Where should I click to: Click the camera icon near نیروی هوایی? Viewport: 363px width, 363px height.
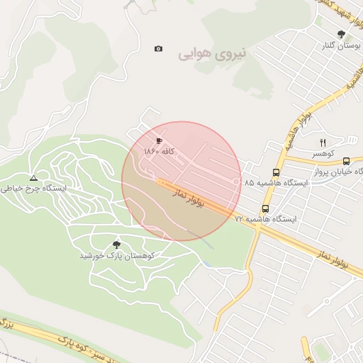[158, 49]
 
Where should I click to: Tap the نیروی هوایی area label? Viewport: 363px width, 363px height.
[213, 52]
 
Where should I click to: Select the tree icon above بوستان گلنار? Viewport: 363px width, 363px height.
[342, 34]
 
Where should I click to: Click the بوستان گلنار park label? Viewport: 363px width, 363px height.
[340, 45]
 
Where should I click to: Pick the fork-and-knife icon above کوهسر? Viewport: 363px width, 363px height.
[323, 142]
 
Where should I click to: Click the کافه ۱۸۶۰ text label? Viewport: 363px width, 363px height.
[159, 152]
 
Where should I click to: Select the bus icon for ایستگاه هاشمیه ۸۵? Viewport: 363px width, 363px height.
[276, 172]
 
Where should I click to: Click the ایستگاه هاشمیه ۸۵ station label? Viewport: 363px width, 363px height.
[278, 183]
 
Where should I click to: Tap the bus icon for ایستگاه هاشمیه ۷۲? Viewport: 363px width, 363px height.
[265, 208]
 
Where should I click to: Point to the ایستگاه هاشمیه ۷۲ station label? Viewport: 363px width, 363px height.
[266, 219]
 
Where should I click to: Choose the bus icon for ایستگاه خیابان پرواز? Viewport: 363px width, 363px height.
[346, 162]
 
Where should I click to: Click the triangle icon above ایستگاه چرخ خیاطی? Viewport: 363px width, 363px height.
[33, 177]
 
